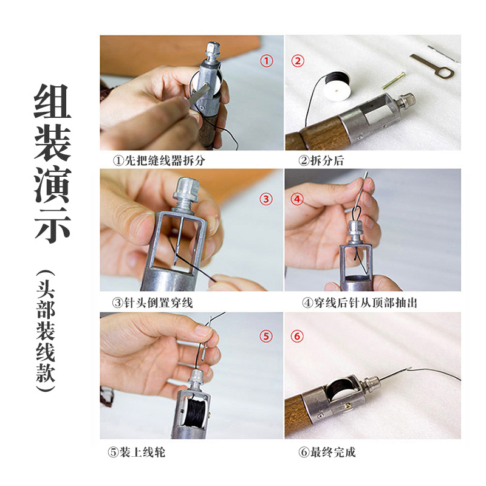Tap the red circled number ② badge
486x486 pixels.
[x=298, y=61]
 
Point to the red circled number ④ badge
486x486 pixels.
[x=297, y=199]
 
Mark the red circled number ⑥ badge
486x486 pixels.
[x=298, y=336]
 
